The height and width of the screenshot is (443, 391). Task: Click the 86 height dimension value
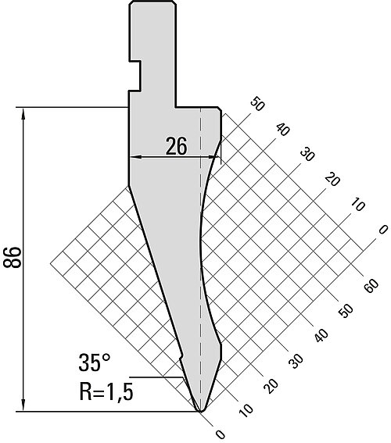(x=13, y=257)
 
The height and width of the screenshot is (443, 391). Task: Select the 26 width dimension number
(x=176, y=146)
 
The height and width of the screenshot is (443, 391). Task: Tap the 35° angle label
(x=95, y=363)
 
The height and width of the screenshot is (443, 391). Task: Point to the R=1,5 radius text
(x=106, y=391)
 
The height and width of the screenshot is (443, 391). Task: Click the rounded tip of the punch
(x=200, y=409)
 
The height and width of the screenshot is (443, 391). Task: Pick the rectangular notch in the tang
(x=135, y=76)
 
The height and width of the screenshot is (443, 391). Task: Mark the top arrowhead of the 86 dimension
(x=23, y=113)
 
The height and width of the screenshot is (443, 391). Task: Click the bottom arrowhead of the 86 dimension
(x=23, y=406)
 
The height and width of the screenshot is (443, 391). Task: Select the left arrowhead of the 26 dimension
(x=135, y=157)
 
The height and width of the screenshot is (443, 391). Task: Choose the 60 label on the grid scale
(x=371, y=286)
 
